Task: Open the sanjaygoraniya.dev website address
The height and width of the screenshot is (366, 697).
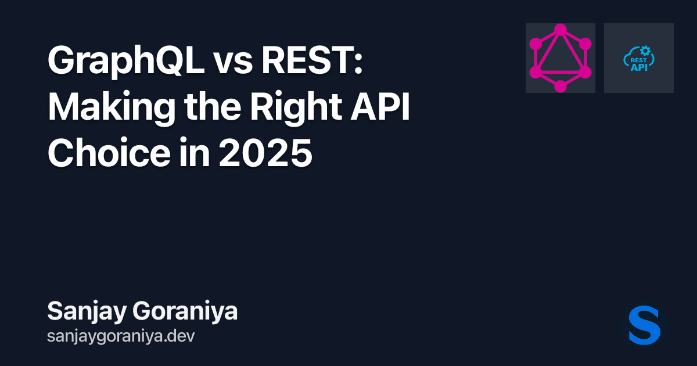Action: point(120,336)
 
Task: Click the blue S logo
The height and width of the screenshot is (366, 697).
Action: point(645,325)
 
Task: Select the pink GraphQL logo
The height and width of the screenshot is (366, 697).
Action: point(560,58)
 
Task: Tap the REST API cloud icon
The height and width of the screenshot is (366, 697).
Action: point(639,58)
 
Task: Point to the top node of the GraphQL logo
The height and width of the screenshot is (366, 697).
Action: point(560,30)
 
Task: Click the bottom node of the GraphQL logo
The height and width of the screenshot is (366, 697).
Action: point(560,87)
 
